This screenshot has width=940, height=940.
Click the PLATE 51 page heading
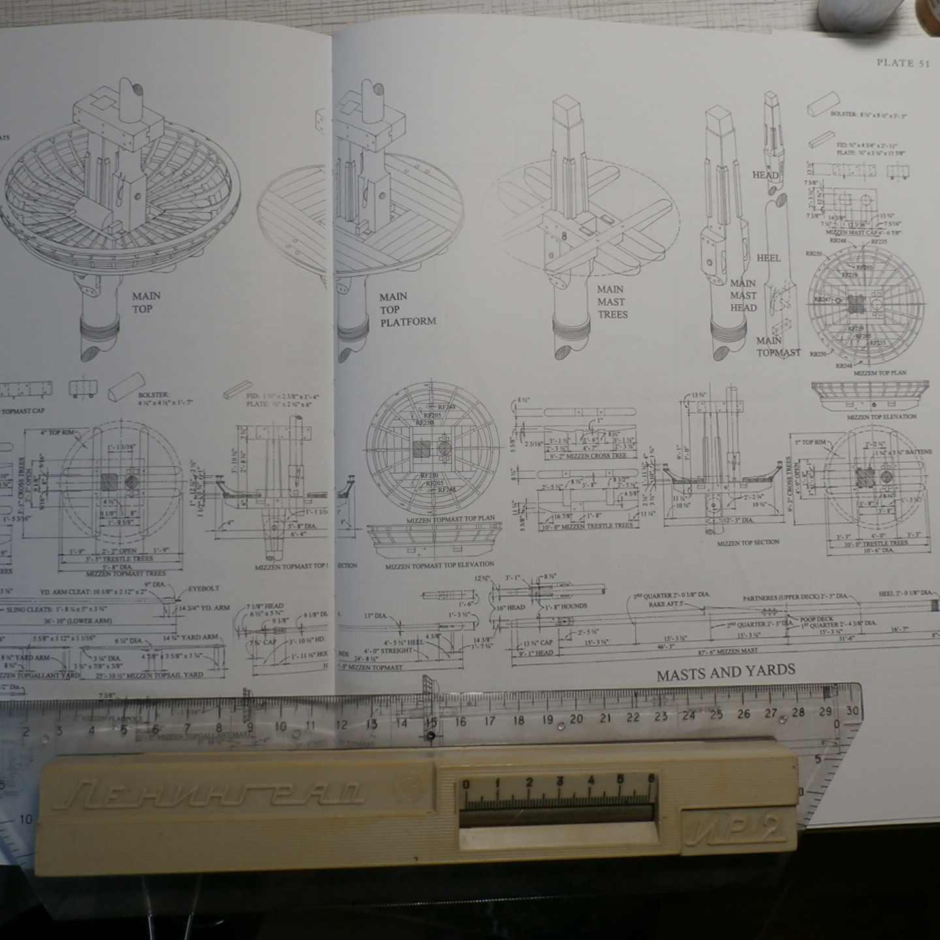pos(903,63)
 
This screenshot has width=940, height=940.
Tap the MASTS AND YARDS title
pos(726,672)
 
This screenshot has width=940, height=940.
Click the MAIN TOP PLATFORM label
pos(407,309)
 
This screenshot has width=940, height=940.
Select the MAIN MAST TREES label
pos(612,302)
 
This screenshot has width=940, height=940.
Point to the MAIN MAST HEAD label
pos(744,296)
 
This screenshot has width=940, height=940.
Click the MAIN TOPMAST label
pos(778,347)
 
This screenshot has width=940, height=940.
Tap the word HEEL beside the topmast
pos(768,258)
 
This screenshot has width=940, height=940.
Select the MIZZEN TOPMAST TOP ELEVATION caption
pos(439,565)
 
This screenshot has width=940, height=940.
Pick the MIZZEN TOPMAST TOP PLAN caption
pos(450,518)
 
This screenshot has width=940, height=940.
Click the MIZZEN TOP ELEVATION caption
pos(881,416)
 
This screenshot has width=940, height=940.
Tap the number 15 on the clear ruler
pos(430,722)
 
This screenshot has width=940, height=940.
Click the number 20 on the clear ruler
pos(576,719)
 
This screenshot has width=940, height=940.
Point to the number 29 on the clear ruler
pos(825,712)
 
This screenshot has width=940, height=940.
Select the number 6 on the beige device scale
pos(650,779)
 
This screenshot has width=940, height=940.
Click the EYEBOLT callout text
pos(203,588)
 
